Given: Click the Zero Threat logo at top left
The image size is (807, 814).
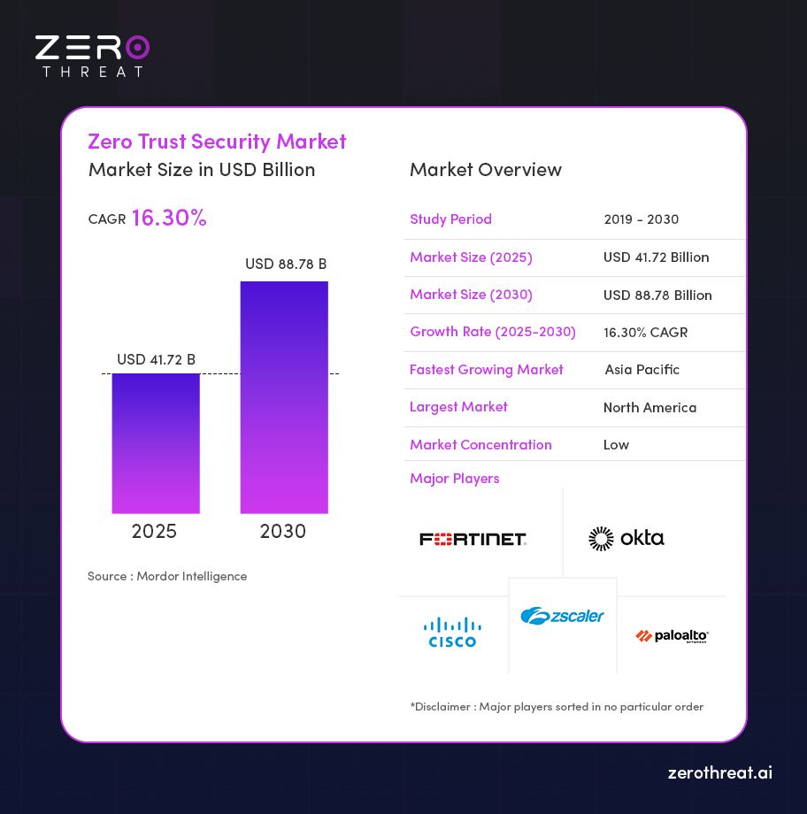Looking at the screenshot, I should [x=92, y=55].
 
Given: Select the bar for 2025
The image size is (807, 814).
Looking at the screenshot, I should [x=156, y=442].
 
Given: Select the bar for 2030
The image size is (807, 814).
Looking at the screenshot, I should [x=284, y=397].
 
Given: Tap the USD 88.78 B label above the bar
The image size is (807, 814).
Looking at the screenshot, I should [x=286, y=264].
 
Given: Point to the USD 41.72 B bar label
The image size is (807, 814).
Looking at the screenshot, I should [x=156, y=359].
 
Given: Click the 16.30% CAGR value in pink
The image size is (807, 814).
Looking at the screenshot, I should [x=168, y=218].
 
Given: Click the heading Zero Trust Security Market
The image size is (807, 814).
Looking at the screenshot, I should [x=217, y=142].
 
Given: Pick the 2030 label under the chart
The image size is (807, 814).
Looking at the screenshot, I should [x=283, y=531].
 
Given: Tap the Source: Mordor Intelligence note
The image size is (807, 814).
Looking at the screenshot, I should [x=167, y=576].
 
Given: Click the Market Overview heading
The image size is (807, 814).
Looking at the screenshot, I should [x=485, y=170].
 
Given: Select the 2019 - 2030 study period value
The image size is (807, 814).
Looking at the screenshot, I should [x=642, y=219].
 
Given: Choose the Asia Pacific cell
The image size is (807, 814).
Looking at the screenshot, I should [x=642, y=370].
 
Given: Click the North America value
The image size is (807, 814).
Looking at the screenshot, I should [x=649, y=408].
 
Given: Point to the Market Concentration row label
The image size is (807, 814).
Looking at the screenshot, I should [x=480, y=444].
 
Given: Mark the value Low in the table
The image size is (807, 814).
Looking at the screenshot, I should [x=616, y=444].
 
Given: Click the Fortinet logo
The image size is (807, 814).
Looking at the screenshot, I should [x=473, y=539].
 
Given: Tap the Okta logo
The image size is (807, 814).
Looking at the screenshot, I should [x=626, y=538].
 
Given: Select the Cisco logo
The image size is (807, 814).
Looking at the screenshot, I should [x=452, y=633].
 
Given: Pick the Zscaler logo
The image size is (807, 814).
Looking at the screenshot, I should [x=562, y=616].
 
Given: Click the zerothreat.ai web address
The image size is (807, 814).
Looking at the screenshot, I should [x=719, y=772].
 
